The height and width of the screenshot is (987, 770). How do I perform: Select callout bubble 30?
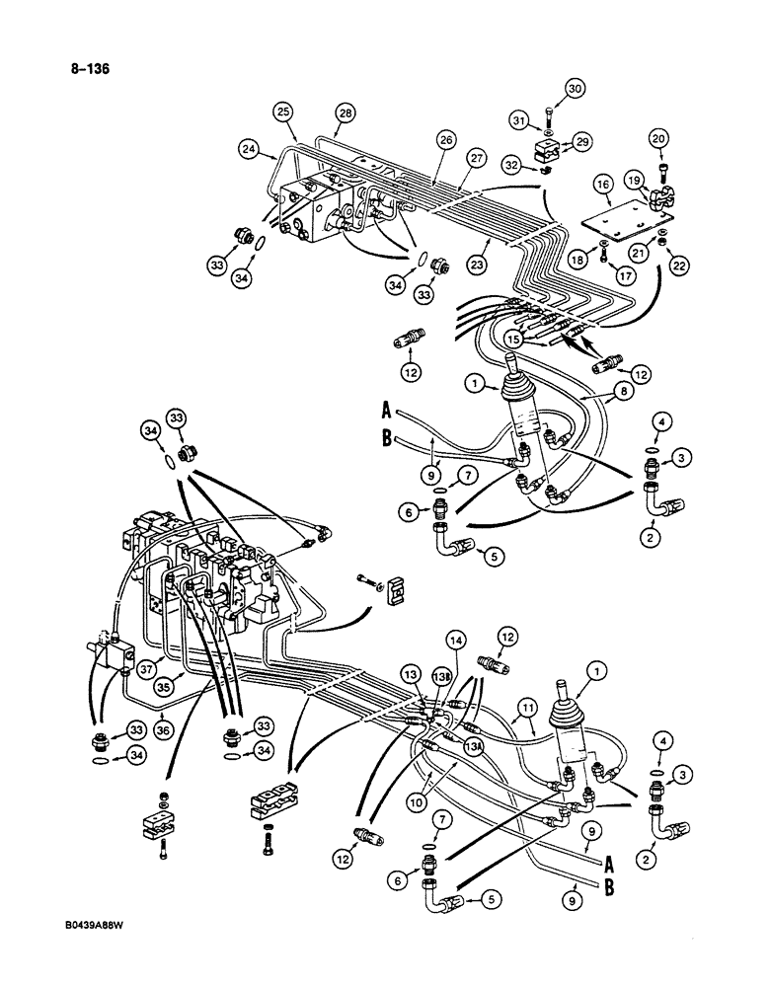tap(574, 89)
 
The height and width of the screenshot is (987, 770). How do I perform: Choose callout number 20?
tap(658, 139)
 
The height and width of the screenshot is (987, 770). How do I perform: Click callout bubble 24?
tap(250, 149)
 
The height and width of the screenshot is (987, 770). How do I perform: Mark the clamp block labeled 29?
tap(543, 152)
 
